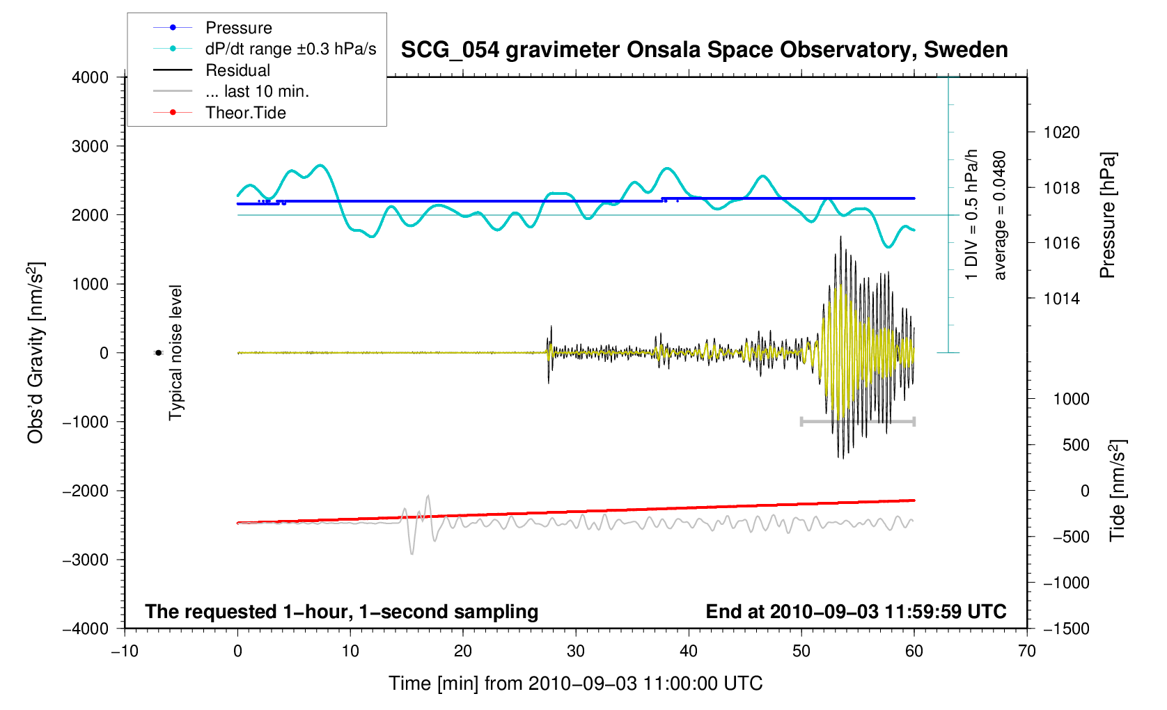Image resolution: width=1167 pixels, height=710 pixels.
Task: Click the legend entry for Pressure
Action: (x=238, y=28)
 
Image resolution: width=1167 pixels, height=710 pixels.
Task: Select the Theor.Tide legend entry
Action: (x=245, y=113)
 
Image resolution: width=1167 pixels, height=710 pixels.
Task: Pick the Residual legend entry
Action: (x=237, y=70)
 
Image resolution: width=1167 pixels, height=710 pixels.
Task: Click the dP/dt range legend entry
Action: (x=290, y=49)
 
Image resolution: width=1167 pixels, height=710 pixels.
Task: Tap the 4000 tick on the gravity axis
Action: (x=91, y=77)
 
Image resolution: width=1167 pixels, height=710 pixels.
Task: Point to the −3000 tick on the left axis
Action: (x=86, y=560)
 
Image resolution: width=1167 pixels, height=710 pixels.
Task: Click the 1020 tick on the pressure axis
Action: (x=1061, y=132)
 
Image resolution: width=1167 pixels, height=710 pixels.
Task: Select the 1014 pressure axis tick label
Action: (x=1061, y=299)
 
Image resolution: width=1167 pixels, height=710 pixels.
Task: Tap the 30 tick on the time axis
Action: (x=576, y=652)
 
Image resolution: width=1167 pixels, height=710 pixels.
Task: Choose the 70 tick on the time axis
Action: (x=1026, y=652)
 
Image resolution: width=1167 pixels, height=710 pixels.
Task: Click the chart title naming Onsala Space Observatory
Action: (x=704, y=50)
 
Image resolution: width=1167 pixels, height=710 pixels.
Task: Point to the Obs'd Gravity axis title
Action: (x=36, y=353)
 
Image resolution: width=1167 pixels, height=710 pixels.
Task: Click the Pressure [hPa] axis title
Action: (x=1107, y=215)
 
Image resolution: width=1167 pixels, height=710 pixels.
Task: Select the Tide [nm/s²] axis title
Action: (x=1117, y=491)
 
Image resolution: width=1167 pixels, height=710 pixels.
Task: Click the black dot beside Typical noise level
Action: (x=158, y=353)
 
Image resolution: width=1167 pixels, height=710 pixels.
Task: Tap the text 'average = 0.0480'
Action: (x=1000, y=215)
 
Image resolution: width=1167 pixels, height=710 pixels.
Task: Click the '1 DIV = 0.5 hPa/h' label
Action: (x=971, y=215)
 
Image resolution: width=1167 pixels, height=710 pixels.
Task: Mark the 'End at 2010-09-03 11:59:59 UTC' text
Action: (x=856, y=612)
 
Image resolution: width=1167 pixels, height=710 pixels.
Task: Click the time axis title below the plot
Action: (x=575, y=684)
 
